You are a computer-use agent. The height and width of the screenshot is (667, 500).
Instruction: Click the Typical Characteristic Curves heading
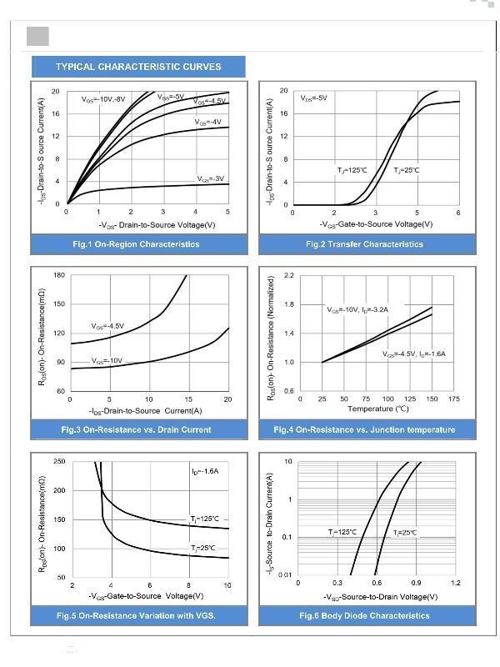(138, 67)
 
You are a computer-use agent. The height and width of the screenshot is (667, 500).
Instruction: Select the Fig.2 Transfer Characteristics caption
(364, 244)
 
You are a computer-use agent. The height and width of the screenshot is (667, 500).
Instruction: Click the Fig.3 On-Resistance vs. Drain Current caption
(136, 429)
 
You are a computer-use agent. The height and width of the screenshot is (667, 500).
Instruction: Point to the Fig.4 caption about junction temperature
(364, 429)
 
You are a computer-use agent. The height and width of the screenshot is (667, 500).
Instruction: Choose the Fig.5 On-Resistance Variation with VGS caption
(136, 615)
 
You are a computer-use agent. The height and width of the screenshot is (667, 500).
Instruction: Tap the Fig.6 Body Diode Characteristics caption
(364, 615)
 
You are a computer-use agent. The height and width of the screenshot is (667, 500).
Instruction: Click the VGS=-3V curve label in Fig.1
(211, 178)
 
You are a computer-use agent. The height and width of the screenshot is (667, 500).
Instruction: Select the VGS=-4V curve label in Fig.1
(207, 123)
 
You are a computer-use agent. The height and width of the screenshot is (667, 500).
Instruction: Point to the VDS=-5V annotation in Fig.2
(314, 98)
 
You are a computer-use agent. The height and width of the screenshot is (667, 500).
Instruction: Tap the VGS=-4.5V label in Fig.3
(107, 326)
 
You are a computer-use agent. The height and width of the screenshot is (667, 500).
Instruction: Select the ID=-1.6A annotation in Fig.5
(204, 472)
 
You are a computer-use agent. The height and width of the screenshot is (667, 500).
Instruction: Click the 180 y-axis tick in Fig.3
(59, 275)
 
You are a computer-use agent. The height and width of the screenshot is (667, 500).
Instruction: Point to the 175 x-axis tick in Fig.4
(453, 399)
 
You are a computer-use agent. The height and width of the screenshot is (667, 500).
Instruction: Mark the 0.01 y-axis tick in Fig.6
(285, 575)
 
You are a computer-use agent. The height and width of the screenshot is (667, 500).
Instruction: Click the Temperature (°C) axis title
(377, 409)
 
